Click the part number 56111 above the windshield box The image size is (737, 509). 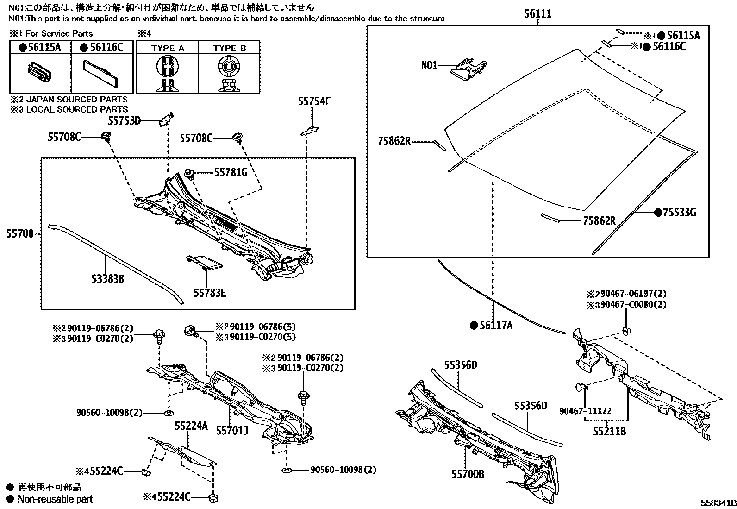coord(538,13)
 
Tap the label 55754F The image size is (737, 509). coord(314,101)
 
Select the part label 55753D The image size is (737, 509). coord(124,121)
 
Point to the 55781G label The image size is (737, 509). coord(231,172)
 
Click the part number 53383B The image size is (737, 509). coord(107,279)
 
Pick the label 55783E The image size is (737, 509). coord(210,293)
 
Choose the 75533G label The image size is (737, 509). coord(680,213)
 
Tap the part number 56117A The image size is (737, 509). coord(496,325)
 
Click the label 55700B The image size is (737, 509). coord(468,474)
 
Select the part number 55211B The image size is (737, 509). coord(609,431)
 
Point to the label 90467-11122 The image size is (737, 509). coord(585,411)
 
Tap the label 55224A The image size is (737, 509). coord(191,426)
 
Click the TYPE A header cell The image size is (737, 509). coord(168,48)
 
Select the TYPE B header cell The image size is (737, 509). coord(229,48)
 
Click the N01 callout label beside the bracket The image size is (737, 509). coord(429,65)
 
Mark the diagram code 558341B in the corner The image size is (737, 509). coord(718,503)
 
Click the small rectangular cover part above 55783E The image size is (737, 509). coord(204,263)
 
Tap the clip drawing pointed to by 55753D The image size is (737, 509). coord(166,119)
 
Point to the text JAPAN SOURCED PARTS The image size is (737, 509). coord(77,100)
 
